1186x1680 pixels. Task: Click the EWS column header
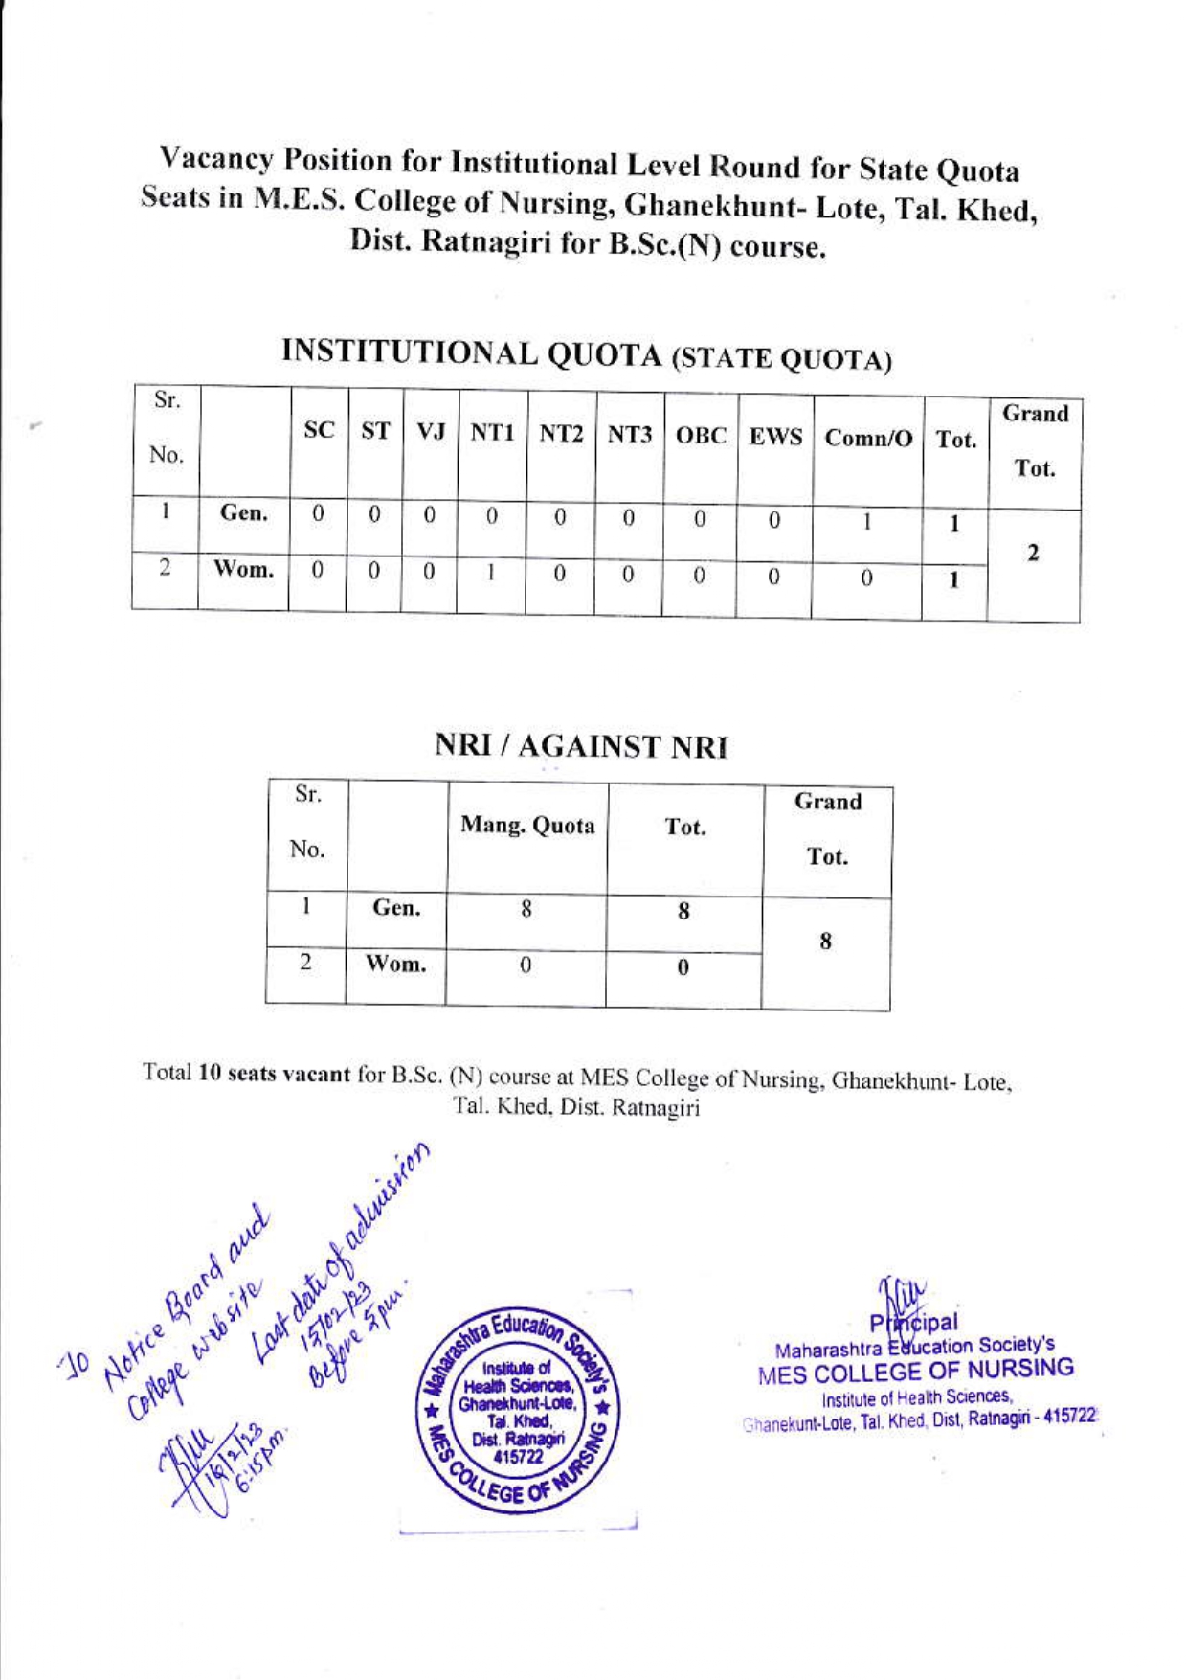pyautogui.click(x=775, y=438)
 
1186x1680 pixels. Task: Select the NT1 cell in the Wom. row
pyautogui.click(x=490, y=573)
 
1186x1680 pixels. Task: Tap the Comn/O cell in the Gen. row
pyautogui.click(x=866, y=522)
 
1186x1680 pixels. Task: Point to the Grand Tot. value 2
pyautogui.click(x=1033, y=555)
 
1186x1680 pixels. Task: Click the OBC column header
pyautogui.click(x=702, y=436)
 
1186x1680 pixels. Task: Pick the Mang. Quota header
pyautogui.click(x=527, y=826)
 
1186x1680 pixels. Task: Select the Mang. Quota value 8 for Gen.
pyautogui.click(x=526, y=909)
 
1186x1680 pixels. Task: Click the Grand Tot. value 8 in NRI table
pyautogui.click(x=825, y=942)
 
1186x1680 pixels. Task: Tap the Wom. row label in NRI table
pyautogui.click(x=395, y=965)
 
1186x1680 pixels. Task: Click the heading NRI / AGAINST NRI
pyautogui.click(x=581, y=747)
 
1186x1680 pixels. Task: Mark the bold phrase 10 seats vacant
pyautogui.click(x=274, y=1074)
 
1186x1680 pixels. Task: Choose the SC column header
pyautogui.click(x=319, y=431)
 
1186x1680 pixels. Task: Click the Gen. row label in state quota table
pyautogui.click(x=243, y=513)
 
